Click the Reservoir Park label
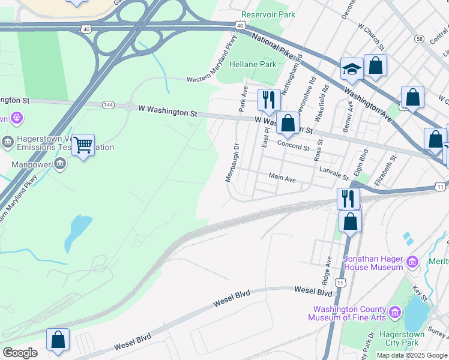coord(268,14)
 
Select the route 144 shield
coord(108,105)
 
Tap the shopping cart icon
coord(83,145)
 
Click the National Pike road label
coord(273,46)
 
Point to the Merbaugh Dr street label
coord(232,163)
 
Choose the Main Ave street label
coord(282,178)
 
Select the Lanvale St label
coord(334,174)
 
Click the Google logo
coord(20,353)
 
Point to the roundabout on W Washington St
coord(128,106)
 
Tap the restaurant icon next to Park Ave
coord(269,99)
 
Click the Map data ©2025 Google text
coord(412,355)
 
